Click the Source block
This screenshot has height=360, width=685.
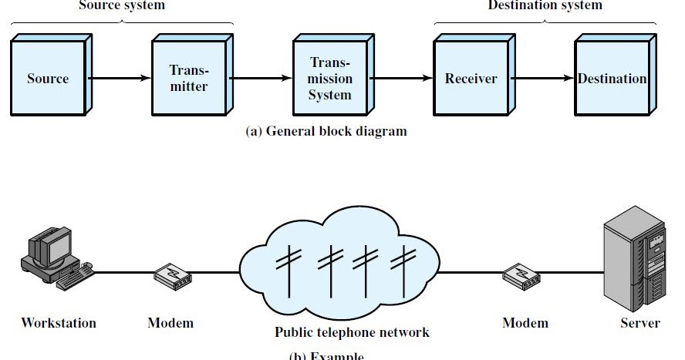48,79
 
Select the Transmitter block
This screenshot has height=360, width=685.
189,79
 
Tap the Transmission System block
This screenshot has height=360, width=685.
330,79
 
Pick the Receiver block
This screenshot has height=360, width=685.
471,79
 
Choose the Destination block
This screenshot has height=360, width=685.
612,79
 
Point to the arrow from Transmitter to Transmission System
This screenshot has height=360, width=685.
259,79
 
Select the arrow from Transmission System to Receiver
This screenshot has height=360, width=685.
400,79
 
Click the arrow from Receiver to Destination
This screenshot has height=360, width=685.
542,79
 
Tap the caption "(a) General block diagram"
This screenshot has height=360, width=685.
326,131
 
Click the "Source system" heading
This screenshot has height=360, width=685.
122,5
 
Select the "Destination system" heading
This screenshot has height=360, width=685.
545,5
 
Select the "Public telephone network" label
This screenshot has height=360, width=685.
352,333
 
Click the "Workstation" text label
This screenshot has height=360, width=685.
59,323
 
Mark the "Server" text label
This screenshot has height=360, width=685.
640,323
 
